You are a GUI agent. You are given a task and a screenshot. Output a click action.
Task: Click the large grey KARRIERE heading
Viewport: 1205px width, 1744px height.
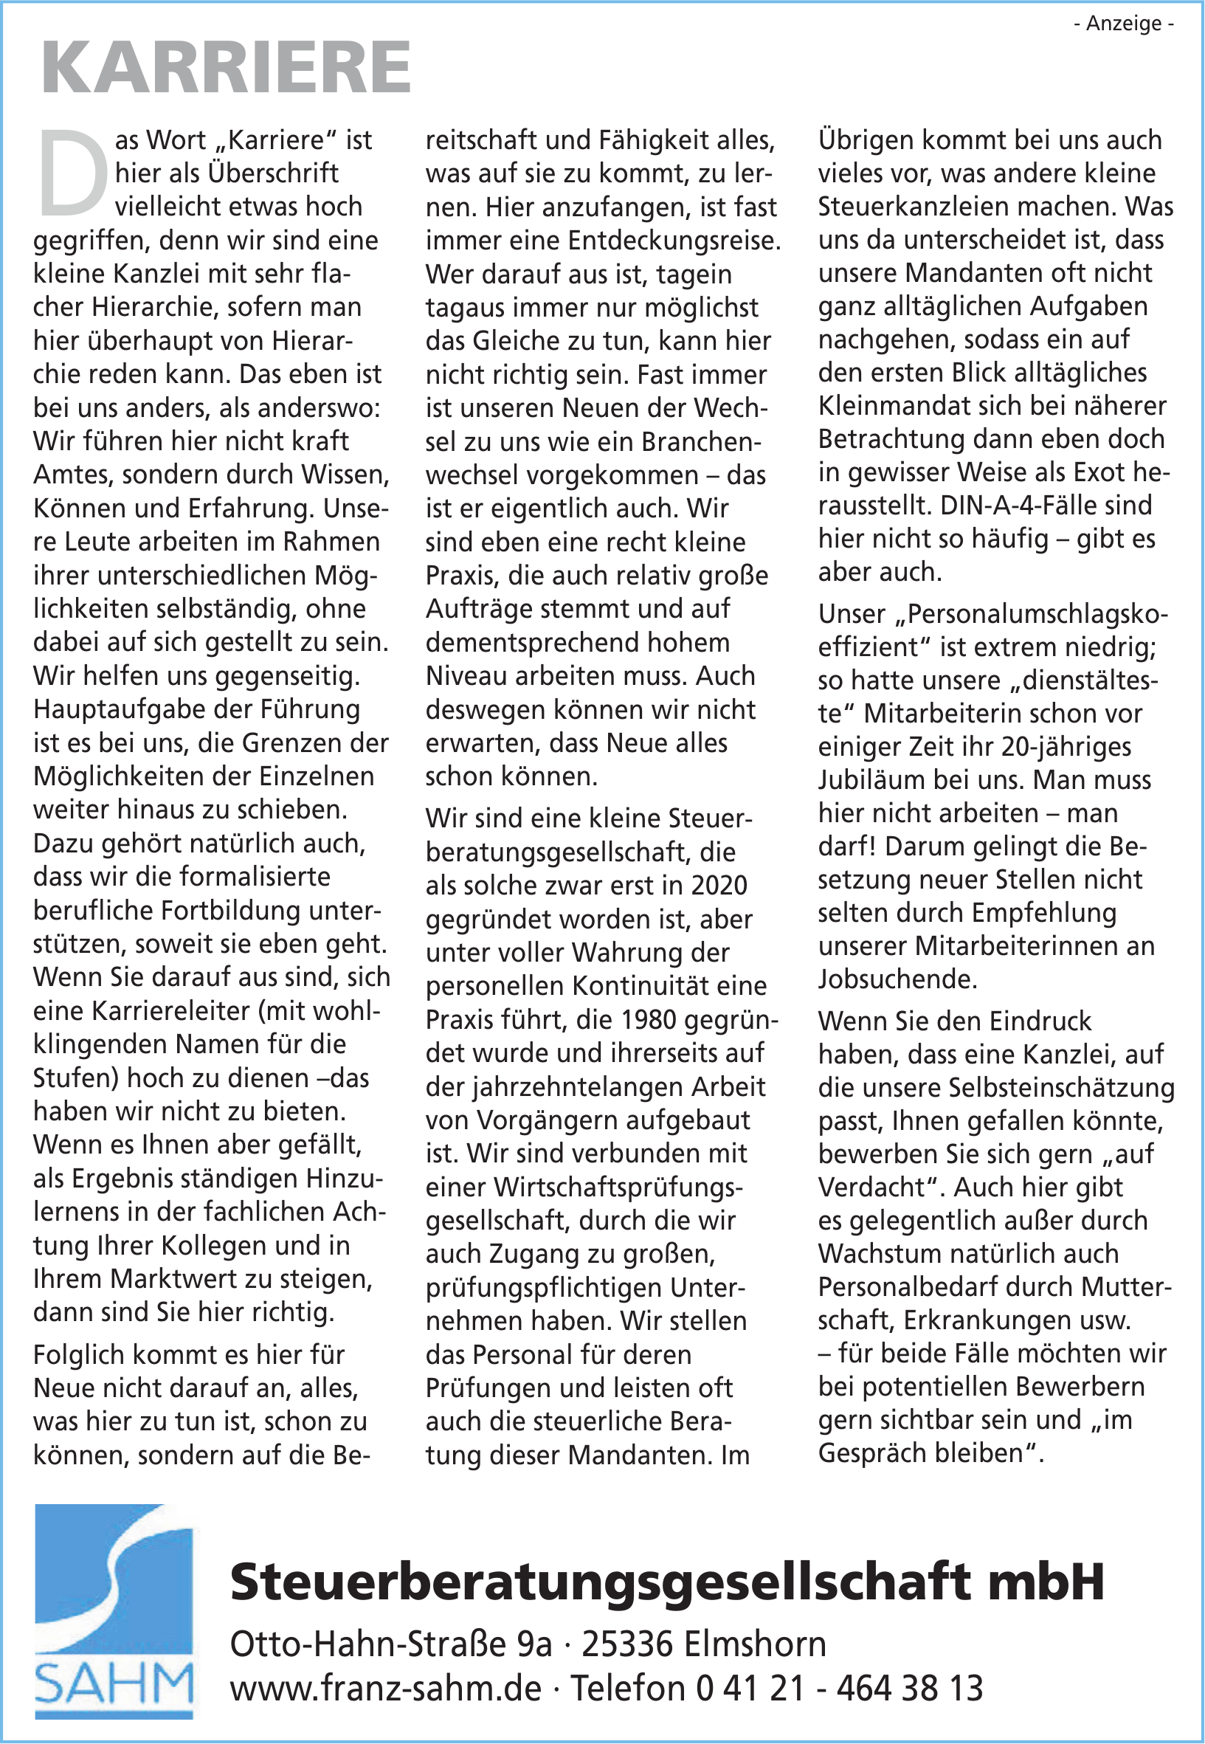click(x=226, y=68)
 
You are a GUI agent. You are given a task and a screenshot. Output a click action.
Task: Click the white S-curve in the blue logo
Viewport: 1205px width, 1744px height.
click(x=113, y=1578)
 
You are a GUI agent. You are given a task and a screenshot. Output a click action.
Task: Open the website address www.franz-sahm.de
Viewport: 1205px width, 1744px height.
click(x=386, y=1688)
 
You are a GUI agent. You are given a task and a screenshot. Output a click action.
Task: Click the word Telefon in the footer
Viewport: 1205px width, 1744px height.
click(x=627, y=1688)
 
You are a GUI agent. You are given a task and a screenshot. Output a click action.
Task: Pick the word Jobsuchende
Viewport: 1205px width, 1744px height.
click(x=898, y=979)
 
